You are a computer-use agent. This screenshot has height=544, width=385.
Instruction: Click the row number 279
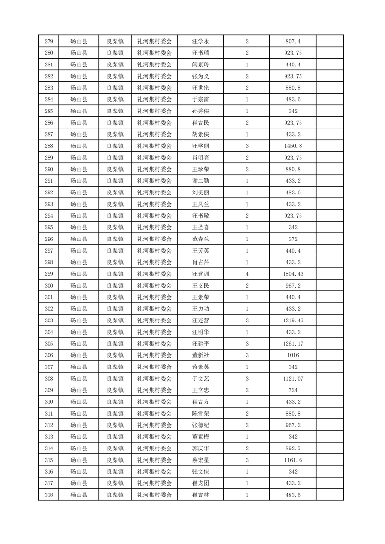(x=49, y=41)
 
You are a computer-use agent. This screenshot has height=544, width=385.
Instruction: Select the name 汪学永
(x=200, y=41)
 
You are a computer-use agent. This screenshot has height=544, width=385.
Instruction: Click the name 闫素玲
(x=200, y=64)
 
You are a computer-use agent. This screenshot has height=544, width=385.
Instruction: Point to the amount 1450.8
(x=293, y=146)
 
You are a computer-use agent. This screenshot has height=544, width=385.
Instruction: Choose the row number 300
(x=49, y=286)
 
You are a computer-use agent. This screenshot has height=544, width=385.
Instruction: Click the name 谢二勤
(x=200, y=181)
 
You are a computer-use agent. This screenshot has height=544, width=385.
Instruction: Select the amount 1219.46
(x=293, y=320)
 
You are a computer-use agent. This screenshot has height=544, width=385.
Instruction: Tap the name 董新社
(x=200, y=355)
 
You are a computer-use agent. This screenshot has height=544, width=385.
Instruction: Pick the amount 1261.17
(x=293, y=344)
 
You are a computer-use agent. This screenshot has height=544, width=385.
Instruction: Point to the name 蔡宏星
(x=200, y=460)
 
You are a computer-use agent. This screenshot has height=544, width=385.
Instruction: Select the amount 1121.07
(x=293, y=379)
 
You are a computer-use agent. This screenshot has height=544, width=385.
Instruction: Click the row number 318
(x=49, y=495)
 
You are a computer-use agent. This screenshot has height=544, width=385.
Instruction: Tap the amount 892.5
(x=293, y=448)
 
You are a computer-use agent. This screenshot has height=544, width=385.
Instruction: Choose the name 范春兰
(x=200, y=239)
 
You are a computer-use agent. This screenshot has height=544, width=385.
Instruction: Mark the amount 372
(x=293, y=239)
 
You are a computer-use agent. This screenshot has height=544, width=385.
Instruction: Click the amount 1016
(x=293, y=355)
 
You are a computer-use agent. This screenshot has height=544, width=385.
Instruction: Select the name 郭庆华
(x=200, y=448)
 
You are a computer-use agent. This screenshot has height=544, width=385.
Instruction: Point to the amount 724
(x=293, y=390)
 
